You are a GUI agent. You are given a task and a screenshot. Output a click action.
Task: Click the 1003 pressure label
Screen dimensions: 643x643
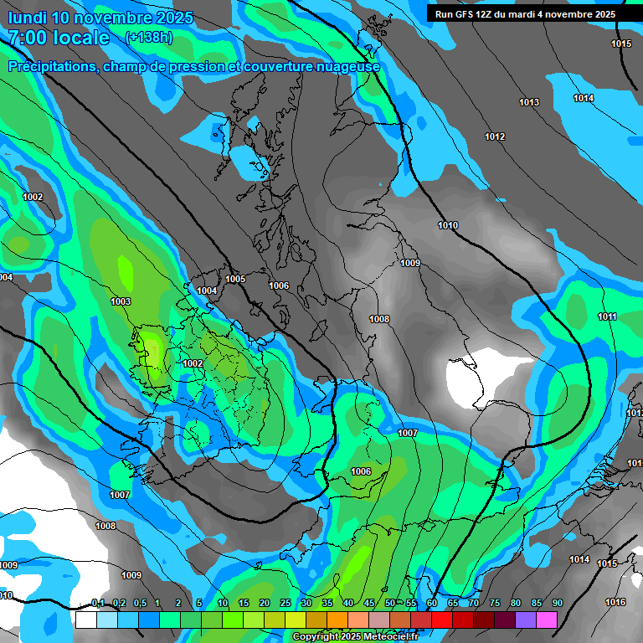click(x=121, y=301)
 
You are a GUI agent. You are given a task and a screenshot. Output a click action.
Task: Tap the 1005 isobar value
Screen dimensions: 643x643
click(x=235, y=279)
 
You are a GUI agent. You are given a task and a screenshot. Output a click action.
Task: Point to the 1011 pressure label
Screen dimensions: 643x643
click(x=607, y=316)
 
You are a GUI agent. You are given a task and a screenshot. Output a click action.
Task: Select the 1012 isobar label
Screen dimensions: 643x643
click(x=495, y=136)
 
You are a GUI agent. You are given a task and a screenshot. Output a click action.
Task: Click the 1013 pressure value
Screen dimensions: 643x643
click(x=529, y=102)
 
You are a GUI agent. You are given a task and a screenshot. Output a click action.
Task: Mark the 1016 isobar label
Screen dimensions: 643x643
click(x=615, y=602)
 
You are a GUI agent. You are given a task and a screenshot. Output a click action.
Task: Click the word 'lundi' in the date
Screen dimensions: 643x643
click(x=26, y=18)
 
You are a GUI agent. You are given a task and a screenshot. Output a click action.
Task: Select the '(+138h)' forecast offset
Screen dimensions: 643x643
click(x=148, y=38)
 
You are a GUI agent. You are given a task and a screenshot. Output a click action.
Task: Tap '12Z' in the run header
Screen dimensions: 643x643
click(x=492, y=14)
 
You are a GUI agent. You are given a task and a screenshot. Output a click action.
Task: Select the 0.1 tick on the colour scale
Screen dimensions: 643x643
click(x=97, y=604)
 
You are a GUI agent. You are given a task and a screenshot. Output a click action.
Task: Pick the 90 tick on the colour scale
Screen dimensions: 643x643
click(x=558, y=604)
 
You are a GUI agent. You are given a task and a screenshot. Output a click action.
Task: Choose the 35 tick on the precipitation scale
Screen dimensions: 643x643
click(x=327, y=604)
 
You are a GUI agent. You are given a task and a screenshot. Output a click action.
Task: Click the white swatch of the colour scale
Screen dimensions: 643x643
click(x=85, y=620)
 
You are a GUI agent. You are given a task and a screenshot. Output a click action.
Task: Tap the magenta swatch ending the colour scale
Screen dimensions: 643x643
click(x=547, y=620)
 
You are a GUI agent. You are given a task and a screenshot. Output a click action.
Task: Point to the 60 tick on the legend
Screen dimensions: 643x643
click(x=432, y=604)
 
